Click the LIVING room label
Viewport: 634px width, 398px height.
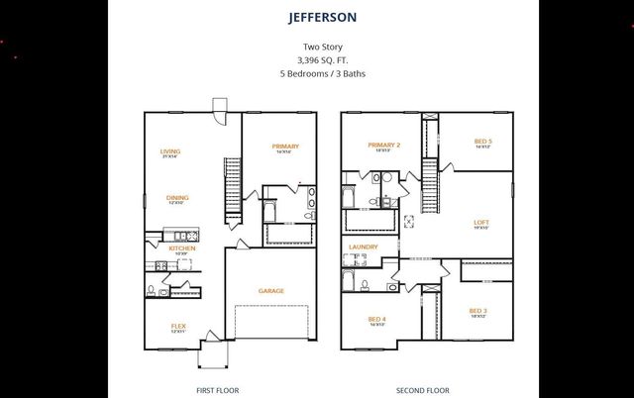pos(170,151)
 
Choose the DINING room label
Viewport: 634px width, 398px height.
pos(177,197)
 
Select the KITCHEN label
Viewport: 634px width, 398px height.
pos(181,249)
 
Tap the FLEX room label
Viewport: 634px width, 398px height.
pos(178,326)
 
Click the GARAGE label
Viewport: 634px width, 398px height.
pos(271,291)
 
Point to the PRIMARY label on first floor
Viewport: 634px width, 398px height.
pos(285,147)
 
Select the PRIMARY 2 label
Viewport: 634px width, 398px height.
pos(383,146)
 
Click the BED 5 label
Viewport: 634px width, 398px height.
pos(482,142)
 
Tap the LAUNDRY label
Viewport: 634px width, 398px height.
pos(364,247)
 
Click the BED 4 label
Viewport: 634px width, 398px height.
pos(376,319)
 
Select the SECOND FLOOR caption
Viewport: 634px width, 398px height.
pos(423,390)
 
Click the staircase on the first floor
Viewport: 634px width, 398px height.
pos(233,188)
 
